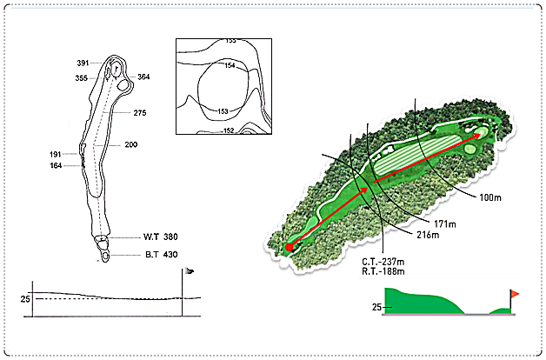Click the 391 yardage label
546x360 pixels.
pos(83,63)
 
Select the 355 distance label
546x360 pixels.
pos(82,78)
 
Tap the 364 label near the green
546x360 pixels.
pos(143,77)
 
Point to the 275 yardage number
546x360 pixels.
pos(140,113)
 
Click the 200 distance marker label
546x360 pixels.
pos(131,144)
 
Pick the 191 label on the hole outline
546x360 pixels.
pos(56,154)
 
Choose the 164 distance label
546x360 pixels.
pos(56,166)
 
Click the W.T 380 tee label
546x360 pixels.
pos(161,237)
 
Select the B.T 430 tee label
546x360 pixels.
pos(162,255)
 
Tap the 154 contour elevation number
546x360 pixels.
pos(230,65)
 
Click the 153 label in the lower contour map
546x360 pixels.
pos(223,111)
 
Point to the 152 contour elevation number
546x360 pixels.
pos(229,130)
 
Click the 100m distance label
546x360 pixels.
pos(490,197)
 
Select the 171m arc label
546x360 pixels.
pos(445,223)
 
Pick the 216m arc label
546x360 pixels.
pos(428,235)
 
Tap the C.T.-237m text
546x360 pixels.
pos(383,262)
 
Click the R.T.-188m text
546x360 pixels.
pos(383,271)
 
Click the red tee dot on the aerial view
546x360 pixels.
pos(289,247)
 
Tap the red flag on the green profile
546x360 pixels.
pos(515,294)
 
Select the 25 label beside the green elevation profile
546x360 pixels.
pos(376,307)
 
